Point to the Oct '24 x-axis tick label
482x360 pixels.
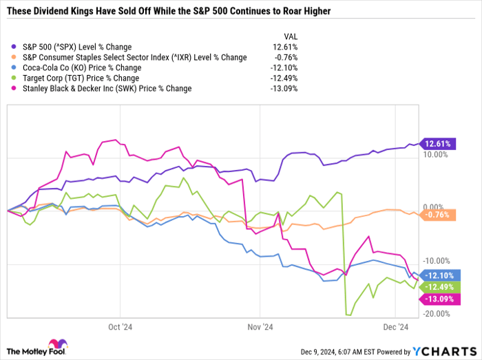[x=120, y=327]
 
